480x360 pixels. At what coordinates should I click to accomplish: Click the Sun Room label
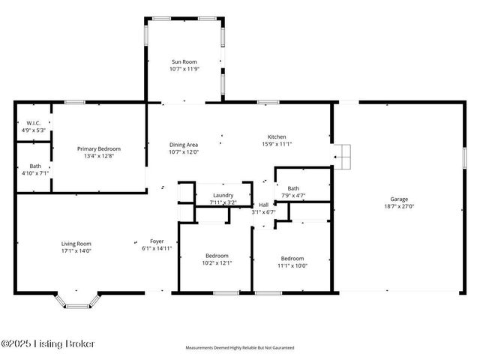point(184,62)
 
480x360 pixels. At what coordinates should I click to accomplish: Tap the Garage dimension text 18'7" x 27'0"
point(398,205)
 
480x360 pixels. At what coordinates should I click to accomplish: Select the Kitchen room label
point(277,137)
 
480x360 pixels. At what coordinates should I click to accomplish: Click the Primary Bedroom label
point(99,149)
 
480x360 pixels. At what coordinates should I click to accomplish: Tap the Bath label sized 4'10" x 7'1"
point(34,166)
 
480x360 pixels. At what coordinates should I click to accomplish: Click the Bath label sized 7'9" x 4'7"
point(293,189)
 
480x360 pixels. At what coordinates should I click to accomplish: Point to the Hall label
point(263,205)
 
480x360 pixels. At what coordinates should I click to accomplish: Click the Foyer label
point(157,241)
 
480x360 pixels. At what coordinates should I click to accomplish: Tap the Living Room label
point(76,244)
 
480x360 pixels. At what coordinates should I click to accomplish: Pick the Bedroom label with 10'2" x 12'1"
point(217,256)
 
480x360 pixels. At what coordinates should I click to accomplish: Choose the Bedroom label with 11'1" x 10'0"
point(292,259)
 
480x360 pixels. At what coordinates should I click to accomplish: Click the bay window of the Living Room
point(76,301)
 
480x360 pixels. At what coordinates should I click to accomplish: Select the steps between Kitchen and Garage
point(343,156)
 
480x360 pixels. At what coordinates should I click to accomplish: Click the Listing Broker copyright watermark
point(49,343)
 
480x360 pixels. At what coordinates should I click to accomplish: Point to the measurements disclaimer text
point(240,348)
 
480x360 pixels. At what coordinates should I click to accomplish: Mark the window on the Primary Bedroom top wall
point(73,102)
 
